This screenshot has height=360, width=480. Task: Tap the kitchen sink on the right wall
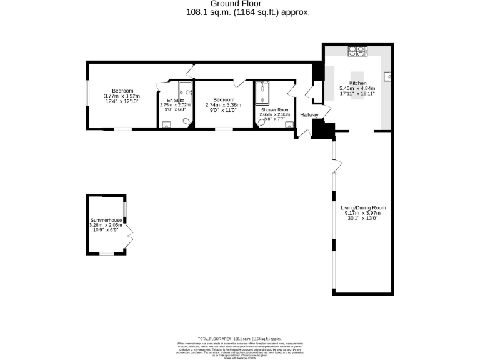388,76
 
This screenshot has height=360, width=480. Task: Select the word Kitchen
358,83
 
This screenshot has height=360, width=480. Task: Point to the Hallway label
309,115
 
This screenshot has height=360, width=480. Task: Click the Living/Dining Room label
363,207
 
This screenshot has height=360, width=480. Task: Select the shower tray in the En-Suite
186,91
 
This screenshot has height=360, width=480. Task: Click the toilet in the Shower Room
262,122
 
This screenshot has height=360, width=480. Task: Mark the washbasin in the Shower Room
289,124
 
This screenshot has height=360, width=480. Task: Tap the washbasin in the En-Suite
166,124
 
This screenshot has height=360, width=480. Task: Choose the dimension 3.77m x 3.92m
119,96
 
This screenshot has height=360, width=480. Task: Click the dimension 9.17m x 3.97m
363,213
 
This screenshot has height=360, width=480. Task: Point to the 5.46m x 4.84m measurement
358,89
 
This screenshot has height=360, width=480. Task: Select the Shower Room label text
274,109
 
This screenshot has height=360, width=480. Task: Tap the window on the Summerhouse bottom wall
107,254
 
